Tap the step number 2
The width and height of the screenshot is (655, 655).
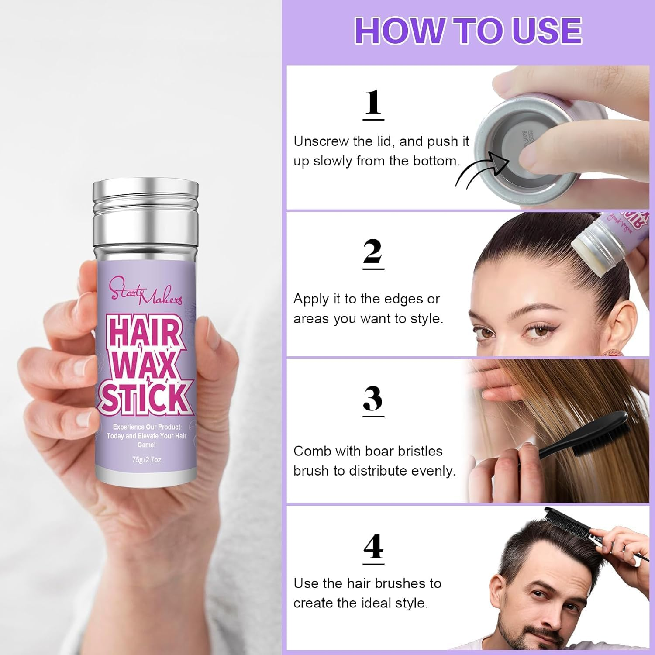373,252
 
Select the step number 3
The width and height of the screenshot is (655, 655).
373,399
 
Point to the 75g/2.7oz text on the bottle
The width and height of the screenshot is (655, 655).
147,460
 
